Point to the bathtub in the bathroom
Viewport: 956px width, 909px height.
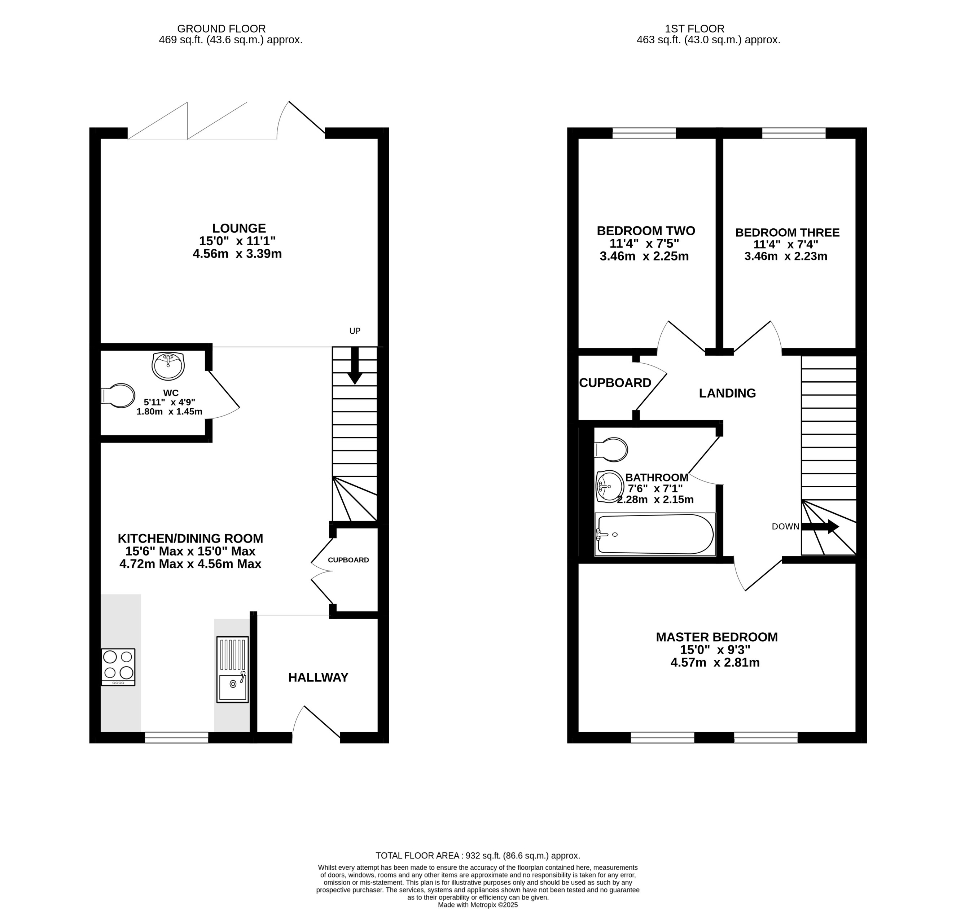click(655, 534)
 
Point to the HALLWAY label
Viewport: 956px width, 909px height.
click(318, 677)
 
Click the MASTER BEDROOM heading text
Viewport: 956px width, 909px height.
click(716, 637)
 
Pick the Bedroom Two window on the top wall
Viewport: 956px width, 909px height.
click(644, 133)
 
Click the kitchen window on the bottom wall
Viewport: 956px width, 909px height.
click(176, 737)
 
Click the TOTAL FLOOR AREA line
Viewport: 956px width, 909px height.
click(477, 856)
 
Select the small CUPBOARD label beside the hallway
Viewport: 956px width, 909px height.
click(348, 560)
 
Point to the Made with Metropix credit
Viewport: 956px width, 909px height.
click(477, 905)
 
